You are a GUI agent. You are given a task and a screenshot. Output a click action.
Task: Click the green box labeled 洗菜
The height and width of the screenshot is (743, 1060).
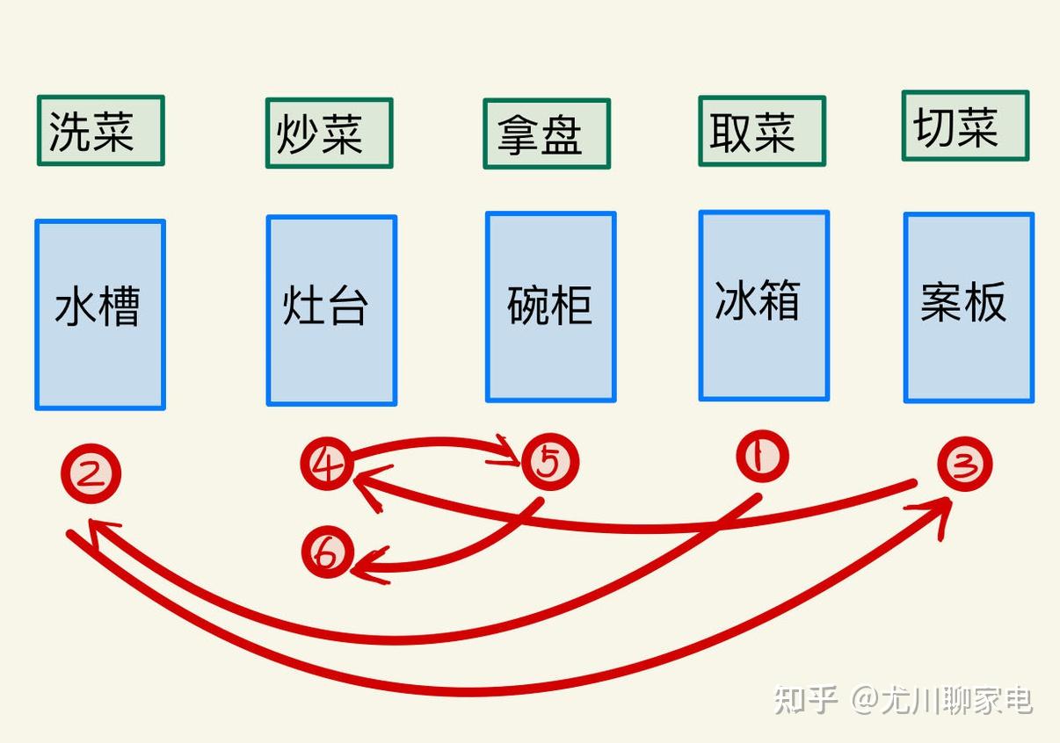coord(100,131)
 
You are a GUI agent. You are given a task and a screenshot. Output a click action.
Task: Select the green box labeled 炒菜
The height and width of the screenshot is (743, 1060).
coord(329,133)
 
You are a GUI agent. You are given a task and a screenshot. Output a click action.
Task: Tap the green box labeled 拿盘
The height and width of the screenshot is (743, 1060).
coord(546,133)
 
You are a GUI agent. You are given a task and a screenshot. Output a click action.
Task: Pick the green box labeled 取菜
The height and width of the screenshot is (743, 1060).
coord(761,132)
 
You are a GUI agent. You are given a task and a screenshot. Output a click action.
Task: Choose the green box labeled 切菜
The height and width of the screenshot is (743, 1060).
coord(964,126)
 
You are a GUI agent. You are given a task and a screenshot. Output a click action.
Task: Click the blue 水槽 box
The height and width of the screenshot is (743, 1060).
coord(100,314)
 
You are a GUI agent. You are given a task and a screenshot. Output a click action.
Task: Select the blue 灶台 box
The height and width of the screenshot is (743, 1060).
coord(331,311)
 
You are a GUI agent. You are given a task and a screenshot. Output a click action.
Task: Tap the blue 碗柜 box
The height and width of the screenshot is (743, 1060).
coord(550,307)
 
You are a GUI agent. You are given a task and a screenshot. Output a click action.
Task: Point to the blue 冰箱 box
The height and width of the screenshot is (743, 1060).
coord(763,306)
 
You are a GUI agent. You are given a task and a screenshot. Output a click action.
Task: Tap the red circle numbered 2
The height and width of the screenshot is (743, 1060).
coord(91,474)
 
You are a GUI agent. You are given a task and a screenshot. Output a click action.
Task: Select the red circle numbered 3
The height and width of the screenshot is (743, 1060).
coord(964,465)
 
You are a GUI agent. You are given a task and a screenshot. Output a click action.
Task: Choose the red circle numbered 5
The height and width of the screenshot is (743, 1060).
coord(550,462)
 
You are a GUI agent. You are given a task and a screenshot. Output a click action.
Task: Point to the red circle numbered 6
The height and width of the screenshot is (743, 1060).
coord(327,553)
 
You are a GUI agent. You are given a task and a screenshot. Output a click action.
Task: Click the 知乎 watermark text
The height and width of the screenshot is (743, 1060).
coord(804,700)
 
